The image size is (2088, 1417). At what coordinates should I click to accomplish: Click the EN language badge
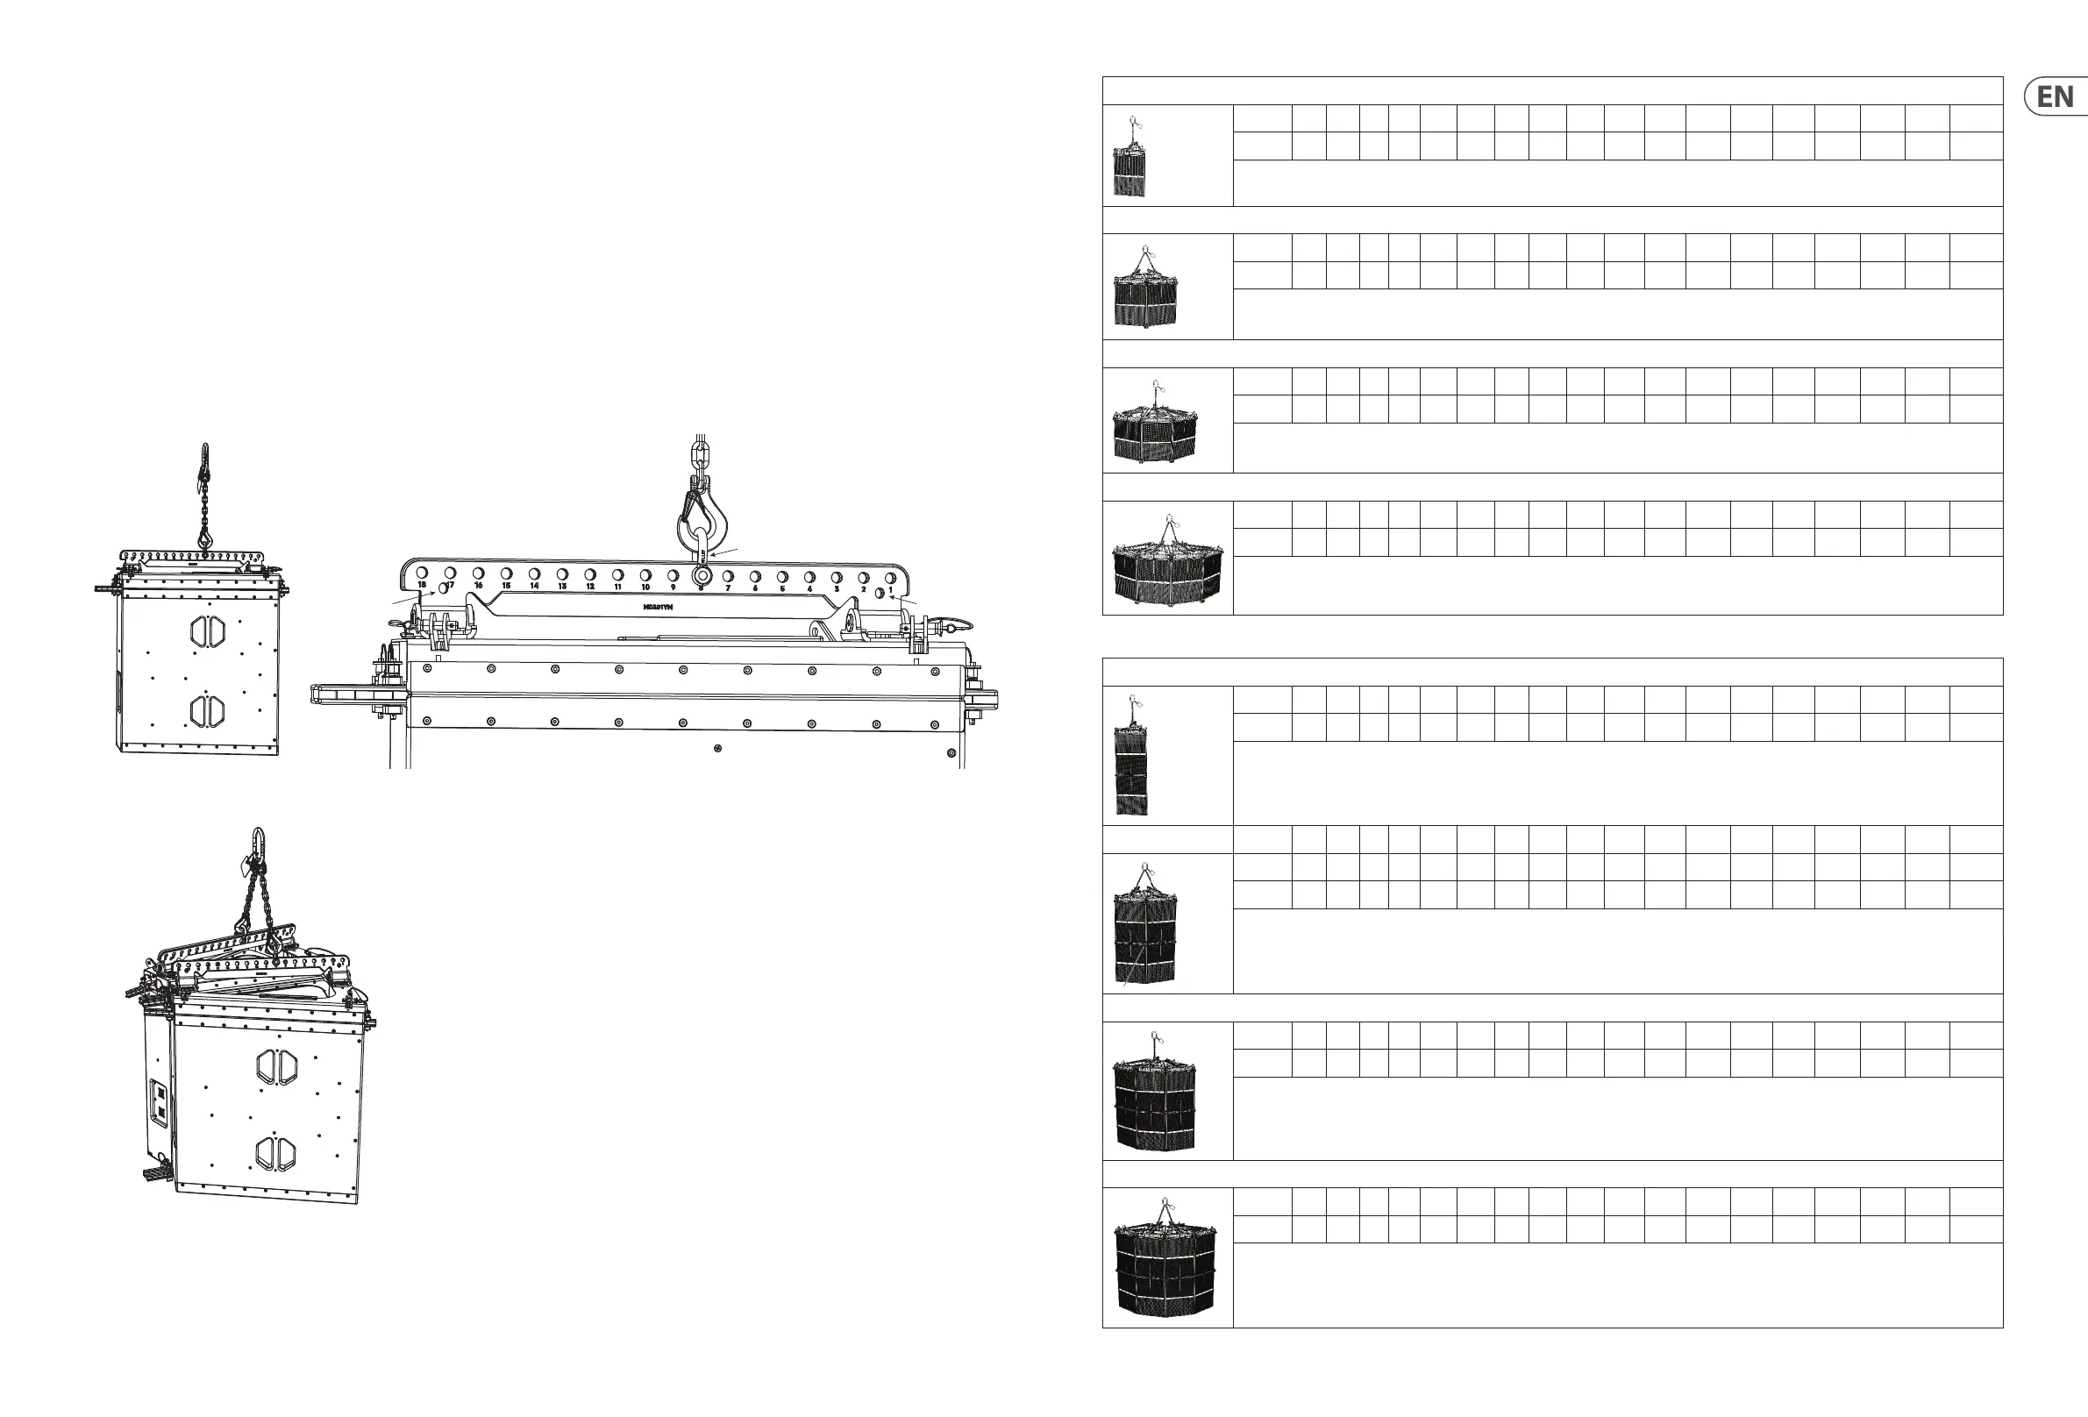tap(2055, 97)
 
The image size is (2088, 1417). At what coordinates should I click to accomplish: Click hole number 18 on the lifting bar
tap(423, 573)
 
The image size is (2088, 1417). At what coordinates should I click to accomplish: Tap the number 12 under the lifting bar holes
tap(590, 587)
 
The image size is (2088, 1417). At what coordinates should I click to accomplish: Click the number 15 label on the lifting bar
tap(507, 586)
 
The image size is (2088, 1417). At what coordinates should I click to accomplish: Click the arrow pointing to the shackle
tap(724, 552)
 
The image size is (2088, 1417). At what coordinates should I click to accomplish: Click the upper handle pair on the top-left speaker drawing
tap(208, 630)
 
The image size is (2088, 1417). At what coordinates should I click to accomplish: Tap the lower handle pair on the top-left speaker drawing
tap(208, 711)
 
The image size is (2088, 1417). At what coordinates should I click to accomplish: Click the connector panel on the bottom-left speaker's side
tap(159, 1101)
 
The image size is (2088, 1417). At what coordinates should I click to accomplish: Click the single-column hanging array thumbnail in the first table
tap(1130, 158)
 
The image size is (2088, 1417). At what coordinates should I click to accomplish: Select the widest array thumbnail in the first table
tap(1167, 561)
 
